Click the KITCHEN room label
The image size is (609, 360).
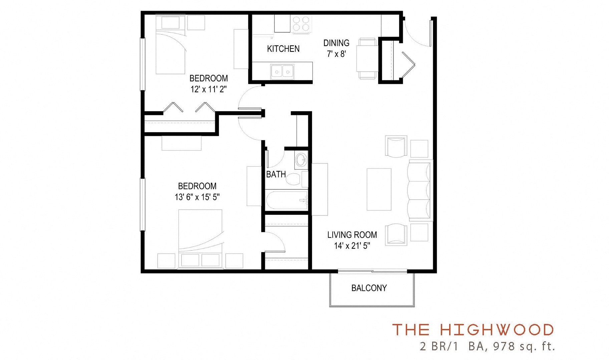283,49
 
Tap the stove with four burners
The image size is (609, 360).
302,24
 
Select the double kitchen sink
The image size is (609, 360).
282,71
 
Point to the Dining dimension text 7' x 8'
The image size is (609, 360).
336,54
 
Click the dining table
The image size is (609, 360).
367,59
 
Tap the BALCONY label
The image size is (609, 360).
369,288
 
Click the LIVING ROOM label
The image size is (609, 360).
352,235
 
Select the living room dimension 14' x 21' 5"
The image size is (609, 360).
352,246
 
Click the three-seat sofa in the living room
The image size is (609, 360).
419,190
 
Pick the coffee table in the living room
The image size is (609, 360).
379,189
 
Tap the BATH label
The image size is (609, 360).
276,174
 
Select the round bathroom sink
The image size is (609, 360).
301,159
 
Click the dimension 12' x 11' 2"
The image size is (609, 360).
209,89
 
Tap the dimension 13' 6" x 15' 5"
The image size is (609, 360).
197,197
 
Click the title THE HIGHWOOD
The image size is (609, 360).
473,330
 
